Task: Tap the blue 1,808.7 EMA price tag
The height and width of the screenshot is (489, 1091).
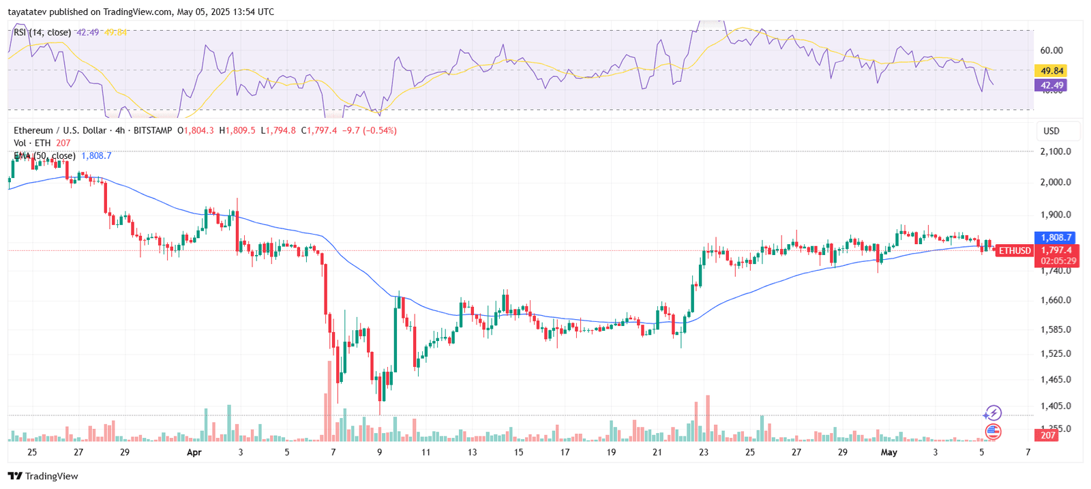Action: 1056,237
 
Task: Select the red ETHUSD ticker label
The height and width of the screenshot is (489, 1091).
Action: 1015,251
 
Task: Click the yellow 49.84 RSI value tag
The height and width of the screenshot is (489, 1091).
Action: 1051,71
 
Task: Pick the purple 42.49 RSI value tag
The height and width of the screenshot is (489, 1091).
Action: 1051,85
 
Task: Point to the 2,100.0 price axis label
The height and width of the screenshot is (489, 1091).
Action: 1055,151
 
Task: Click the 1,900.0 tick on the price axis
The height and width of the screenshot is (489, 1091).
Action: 1055,215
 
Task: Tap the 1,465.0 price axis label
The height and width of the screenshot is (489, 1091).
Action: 1055,379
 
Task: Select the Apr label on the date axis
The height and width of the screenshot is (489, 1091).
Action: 194,452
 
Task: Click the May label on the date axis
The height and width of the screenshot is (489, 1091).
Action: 889,452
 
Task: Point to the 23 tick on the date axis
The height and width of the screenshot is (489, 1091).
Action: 704,452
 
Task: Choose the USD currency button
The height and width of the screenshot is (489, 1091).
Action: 1051,131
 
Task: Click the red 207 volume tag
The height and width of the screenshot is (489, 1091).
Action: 1048,435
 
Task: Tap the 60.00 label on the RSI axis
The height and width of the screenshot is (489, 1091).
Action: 1051,50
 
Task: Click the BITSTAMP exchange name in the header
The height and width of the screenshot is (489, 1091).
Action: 153,130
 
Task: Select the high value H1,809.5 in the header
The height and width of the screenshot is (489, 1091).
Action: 237,130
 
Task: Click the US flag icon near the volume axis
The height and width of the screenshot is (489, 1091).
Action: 993,431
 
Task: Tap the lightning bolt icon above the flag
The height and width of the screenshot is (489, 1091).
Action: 993,413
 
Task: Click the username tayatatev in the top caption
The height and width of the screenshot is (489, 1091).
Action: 27,12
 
